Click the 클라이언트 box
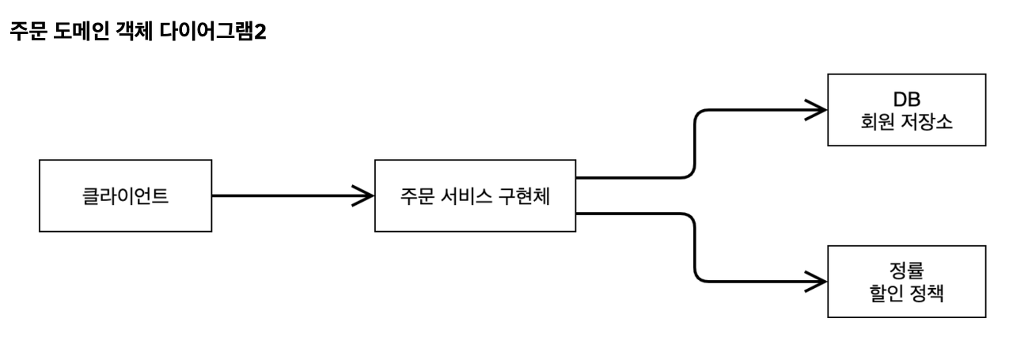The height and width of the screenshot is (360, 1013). pos(125,195)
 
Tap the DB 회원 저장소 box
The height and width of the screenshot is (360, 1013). pos(907,110)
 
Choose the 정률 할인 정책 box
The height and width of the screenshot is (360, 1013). pos(907,282)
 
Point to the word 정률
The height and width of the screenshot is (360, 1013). pos(907,270)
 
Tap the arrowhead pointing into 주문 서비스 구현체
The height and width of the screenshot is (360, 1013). pos(364,195)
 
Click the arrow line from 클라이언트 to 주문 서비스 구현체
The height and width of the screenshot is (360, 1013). pos(285,195)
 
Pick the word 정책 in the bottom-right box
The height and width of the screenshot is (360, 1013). pos(931,294)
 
